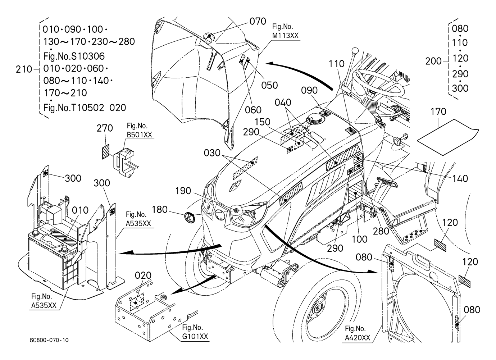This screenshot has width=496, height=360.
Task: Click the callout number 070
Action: (258, 21)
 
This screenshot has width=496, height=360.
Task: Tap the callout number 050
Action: (269, 85)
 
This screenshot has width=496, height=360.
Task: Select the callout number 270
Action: (105, 128)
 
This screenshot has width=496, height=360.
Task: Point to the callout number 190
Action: (183, 191)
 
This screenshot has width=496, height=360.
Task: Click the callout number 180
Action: (160, 209)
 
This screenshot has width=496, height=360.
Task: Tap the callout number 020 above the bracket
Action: (143, 275)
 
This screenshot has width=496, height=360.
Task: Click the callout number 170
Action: (438, 112)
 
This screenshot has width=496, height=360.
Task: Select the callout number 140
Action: (460, 178)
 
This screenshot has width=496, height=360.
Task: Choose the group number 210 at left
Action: (24, 69)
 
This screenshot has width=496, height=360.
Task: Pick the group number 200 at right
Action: (433, 61)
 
